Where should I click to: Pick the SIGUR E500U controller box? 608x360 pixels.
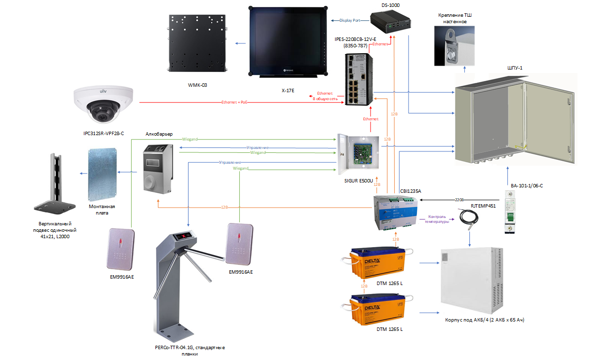click(358, 153)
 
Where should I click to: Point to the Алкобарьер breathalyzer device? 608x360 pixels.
click(157, 168)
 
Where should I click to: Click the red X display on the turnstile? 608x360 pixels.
click(186, 236)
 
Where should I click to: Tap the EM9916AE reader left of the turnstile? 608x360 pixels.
click(121, 250)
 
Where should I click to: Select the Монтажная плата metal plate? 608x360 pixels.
click(102, 168)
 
